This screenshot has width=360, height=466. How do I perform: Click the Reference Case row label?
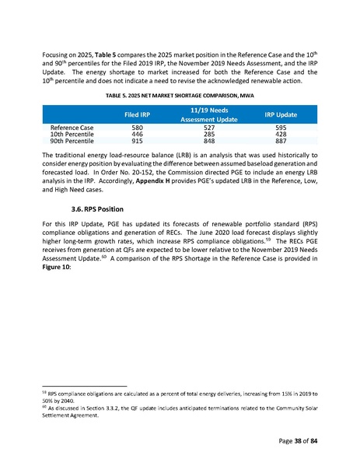pyautogui.click(x=72, y=127)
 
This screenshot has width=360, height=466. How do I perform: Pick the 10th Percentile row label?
pyautogui.click(x=72, y=135)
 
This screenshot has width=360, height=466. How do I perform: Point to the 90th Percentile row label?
pyautogui.click(x=72, y=142)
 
